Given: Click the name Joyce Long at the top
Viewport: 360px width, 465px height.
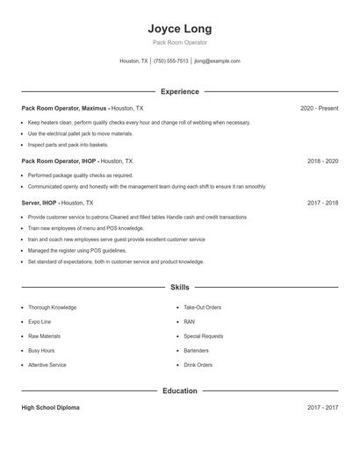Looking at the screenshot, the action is [x=179, y=29].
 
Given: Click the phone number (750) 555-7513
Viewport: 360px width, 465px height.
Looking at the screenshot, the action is [x=170, y=61].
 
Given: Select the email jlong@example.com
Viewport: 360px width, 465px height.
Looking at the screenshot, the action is [x=217, y=61].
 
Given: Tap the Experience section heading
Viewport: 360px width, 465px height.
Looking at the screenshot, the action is [x=179, y=91].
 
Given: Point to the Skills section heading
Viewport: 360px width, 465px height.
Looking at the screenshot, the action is [x=179, y=287].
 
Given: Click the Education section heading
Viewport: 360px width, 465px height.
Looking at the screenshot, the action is [x=179, y=390].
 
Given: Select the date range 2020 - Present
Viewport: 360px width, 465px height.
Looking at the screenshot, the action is [x=319, y=108].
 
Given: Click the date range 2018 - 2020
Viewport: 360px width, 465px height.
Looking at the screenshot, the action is [x=322, y=161].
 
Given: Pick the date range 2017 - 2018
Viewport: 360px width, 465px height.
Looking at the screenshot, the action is [x=322, y=203].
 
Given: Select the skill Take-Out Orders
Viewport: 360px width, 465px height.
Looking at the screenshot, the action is [x=202, y=308].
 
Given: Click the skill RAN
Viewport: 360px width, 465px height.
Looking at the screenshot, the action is [x=189, y=322].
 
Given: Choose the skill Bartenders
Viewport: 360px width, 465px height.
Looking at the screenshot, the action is [x=197, y=350].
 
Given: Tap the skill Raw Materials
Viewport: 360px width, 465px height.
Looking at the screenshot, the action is [x=44, y=336].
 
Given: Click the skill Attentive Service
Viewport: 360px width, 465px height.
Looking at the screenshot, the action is [x=47, y=365].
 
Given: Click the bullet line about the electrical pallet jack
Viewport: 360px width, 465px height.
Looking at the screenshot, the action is [x=80, y=133].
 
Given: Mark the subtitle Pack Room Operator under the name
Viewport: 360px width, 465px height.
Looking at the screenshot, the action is [x=179, y=42].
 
